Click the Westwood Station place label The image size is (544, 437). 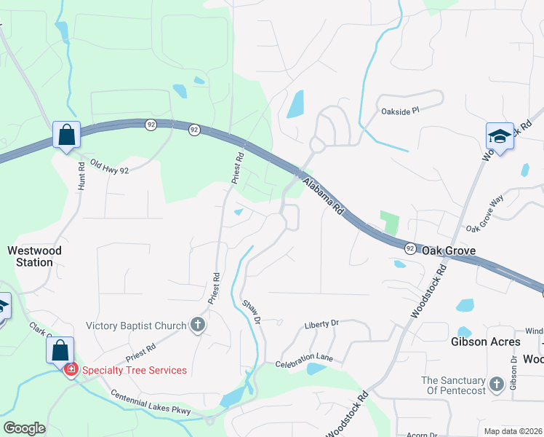tap(34, 256)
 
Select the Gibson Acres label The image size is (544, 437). tap(486, 342)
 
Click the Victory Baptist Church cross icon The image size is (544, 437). tap(197, 325)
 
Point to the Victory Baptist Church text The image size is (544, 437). tap(137, 326)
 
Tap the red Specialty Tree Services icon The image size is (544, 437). tap(71, 370)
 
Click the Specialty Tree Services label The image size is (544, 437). tap(134, 370)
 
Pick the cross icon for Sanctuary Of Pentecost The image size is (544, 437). tap(496, 384)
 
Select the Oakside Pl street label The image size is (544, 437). tap(401, 111)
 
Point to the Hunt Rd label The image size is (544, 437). tap(81, 176)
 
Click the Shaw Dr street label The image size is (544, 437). tap(252, 311)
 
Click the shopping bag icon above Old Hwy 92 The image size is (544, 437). tap(67, 135)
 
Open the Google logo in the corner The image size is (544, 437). tap(24, 428)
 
